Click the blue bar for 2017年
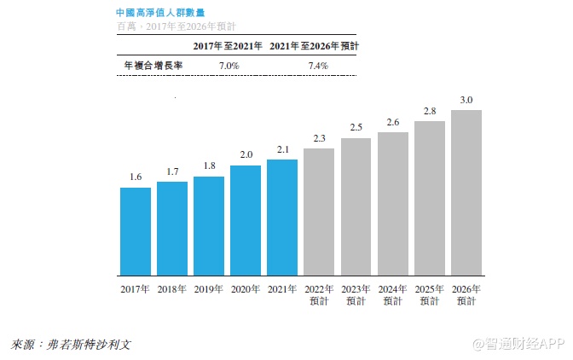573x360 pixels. click(x=135, y=231)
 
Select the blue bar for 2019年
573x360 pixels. click(x=209, y=226)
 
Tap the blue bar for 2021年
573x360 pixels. click(x=282, y=218)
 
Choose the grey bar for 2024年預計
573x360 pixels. click(x=393, y=204)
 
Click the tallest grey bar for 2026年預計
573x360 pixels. click(x=466, y=193)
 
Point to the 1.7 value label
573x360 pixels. click(x=172, y=171)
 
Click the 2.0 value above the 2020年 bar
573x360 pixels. click(x=246, y=155)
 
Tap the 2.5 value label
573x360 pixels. click(x=356, y=127)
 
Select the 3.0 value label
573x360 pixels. click(x=466, y=100)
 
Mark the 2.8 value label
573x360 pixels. click(x=430, y=111)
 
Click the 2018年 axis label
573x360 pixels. click(x=172, y=289)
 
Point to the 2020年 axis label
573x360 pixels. click(x=246, y=289)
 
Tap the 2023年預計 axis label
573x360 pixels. click(x=356, y=294)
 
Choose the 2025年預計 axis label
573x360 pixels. click(x=430, y=294)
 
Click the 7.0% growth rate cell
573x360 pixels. click(x=229, y=65)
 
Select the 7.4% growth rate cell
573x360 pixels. click(x=316, y=65)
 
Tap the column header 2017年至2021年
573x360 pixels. click(x=228, y=45)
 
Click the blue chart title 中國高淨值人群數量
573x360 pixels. click(x=159, y=14)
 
